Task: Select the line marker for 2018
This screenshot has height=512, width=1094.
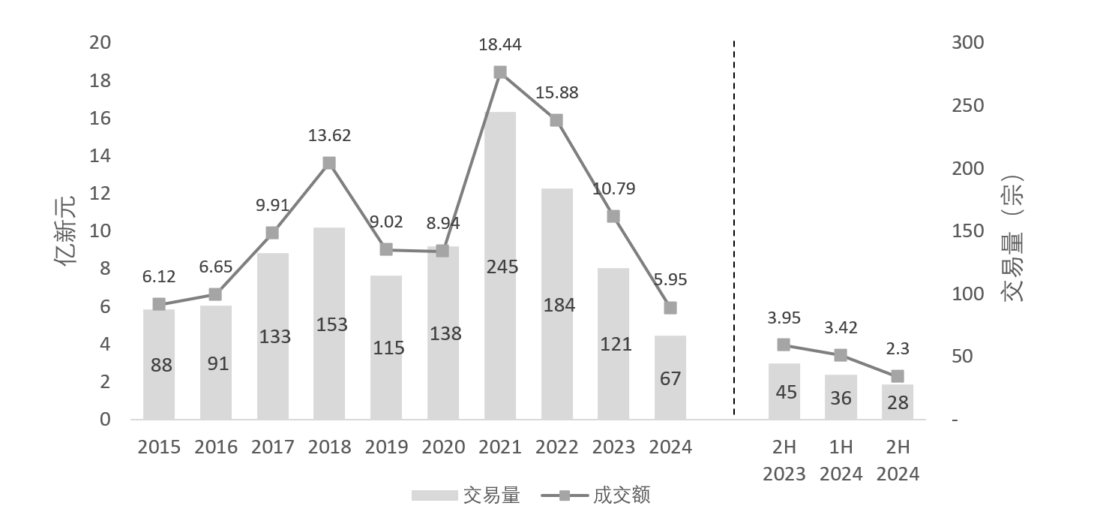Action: (x=329, y=163)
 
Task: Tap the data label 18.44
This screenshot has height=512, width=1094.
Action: (x=500, y=45)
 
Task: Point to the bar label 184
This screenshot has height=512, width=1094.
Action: (x=557, y=306)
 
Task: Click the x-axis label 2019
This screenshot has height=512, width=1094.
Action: (x=386, y=447)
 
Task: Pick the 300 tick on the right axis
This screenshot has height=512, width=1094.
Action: (x=967, y=43)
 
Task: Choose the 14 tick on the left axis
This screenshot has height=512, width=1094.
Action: (x=100, y=156)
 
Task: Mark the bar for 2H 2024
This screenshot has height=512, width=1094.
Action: (x=898, y=402)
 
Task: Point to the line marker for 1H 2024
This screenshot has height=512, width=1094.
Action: (x=841, y=355)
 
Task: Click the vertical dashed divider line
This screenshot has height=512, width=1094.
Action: (x=733, y=225)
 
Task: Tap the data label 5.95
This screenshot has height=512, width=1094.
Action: (x=670, y=279)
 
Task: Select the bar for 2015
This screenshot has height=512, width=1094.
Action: (x=159, y=364)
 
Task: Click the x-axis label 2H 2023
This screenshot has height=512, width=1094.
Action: (x=784, y=460)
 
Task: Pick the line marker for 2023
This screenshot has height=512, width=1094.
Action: (x=613, y=216)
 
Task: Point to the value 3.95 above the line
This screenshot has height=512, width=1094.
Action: (x=784, y=318)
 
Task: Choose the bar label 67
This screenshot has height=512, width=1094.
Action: (x=670, y=378)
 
